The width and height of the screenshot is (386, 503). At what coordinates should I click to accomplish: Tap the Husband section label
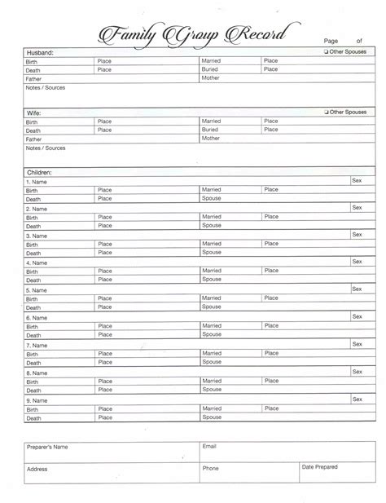click(40, 52)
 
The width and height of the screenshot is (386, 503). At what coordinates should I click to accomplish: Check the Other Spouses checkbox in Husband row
click(326, 51)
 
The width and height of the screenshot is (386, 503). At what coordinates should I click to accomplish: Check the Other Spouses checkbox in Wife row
click(326, 112)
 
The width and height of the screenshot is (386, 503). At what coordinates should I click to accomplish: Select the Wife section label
click(33, 113)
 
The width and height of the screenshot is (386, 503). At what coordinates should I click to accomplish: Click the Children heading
click(39, 173)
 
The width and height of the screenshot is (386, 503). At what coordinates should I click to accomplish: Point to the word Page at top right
click(331, 39)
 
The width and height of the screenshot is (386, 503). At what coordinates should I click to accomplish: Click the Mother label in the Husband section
click(211, 79)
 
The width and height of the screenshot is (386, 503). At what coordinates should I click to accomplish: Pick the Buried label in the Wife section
click(211, 130)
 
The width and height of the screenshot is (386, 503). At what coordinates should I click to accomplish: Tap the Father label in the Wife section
click(34, 139)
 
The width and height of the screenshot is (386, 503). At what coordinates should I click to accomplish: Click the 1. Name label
click(36, 182)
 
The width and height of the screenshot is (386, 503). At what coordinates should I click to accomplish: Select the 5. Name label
click(36, 290)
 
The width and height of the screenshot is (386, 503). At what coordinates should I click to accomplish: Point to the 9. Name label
click(36, 400)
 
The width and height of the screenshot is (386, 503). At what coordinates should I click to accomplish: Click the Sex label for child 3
click(357, 234)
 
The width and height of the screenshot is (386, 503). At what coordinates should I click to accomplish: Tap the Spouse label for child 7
click(212, 361)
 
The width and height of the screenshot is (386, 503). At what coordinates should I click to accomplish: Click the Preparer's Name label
click(47, 448)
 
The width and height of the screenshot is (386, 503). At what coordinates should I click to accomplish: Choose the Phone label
click(211, 469)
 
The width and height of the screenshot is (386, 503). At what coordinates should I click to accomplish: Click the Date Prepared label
click(319, 467)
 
